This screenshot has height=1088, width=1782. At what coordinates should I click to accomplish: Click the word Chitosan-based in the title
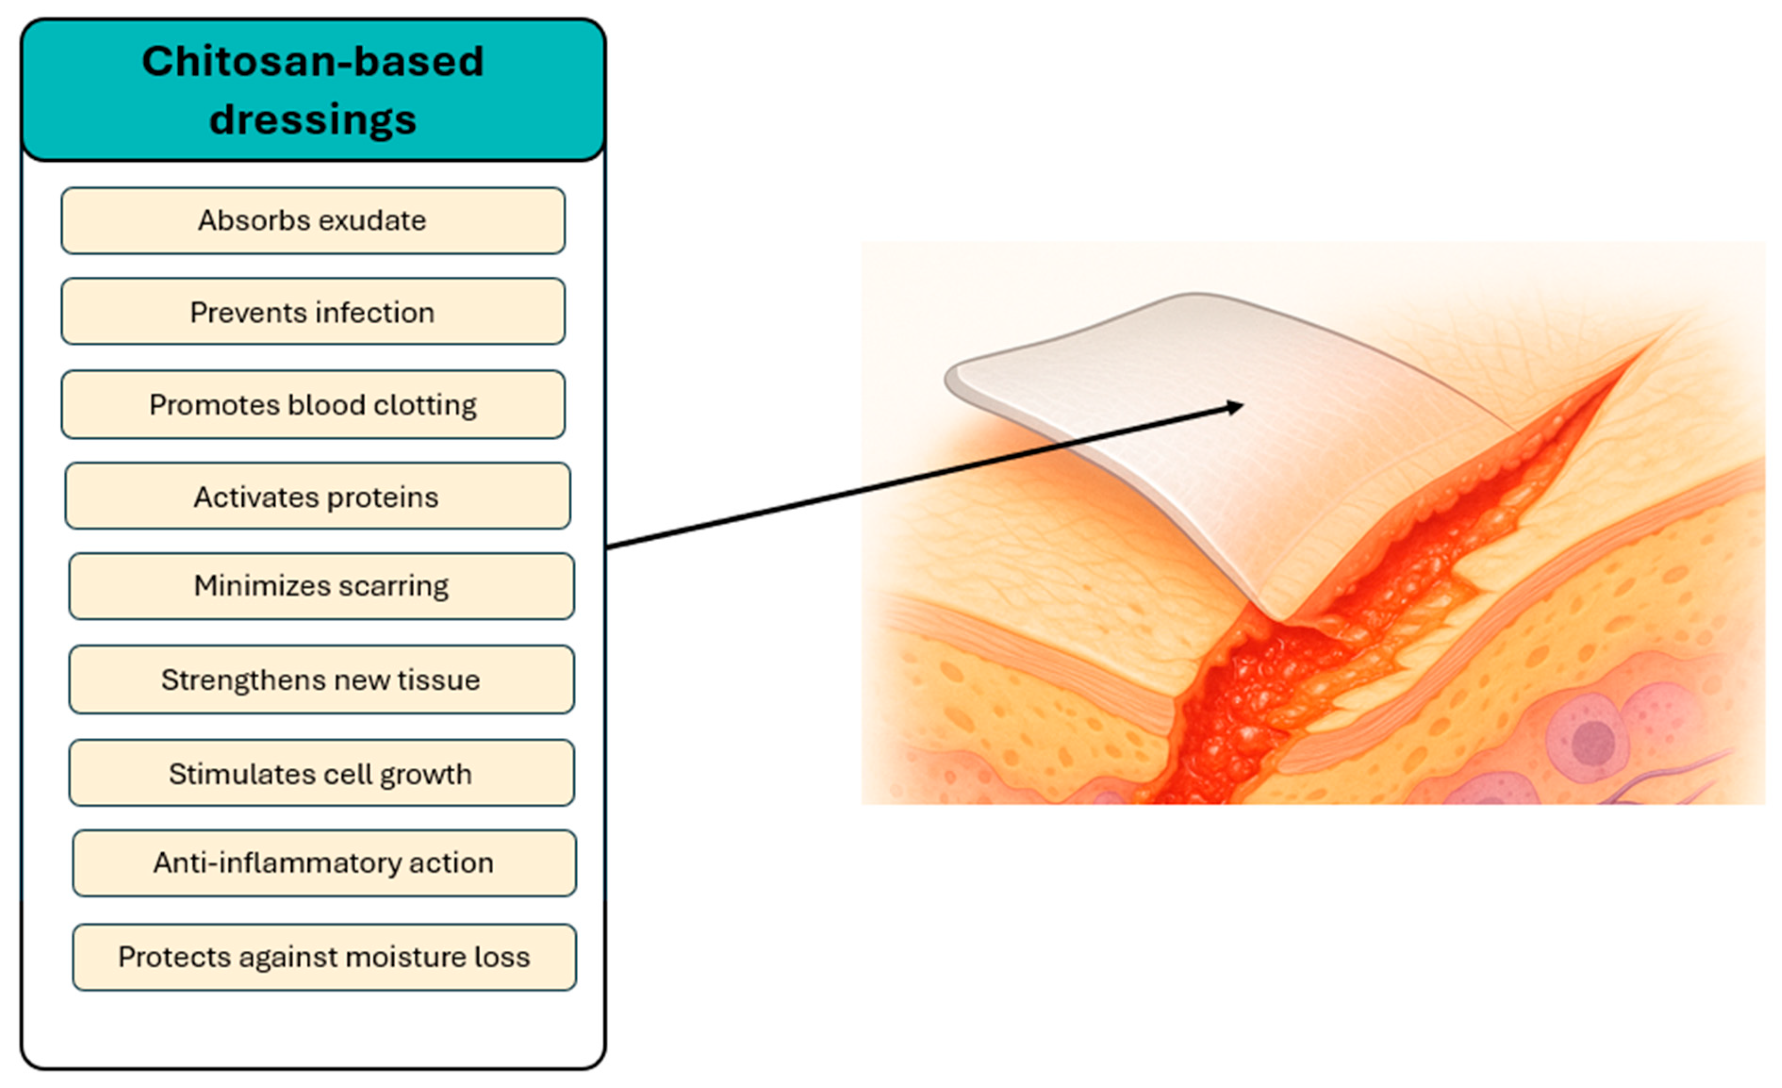pyautogui.click(x=312, y=61)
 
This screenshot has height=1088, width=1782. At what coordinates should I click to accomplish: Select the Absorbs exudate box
pyautogui.click(x=312, y=221)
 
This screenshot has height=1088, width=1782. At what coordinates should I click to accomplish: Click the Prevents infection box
pyautogui.click(x=312, y=312)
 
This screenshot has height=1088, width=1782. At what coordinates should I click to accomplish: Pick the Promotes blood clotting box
pyautogui.click(x=312, y=404)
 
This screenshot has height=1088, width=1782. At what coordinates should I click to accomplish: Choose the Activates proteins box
pyautogui.click(x=317, y=496)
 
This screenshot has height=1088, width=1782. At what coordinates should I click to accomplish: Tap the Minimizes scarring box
pyautogui.click(x=321, y=586)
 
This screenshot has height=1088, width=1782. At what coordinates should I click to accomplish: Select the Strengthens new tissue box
pyautogui.click(x=321, y=679)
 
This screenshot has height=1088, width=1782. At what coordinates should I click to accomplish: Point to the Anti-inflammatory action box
pyautogui.click(x=324, y=863)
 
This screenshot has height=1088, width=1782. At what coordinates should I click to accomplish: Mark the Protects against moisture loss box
pyautogui.click(x=324, y=957)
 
